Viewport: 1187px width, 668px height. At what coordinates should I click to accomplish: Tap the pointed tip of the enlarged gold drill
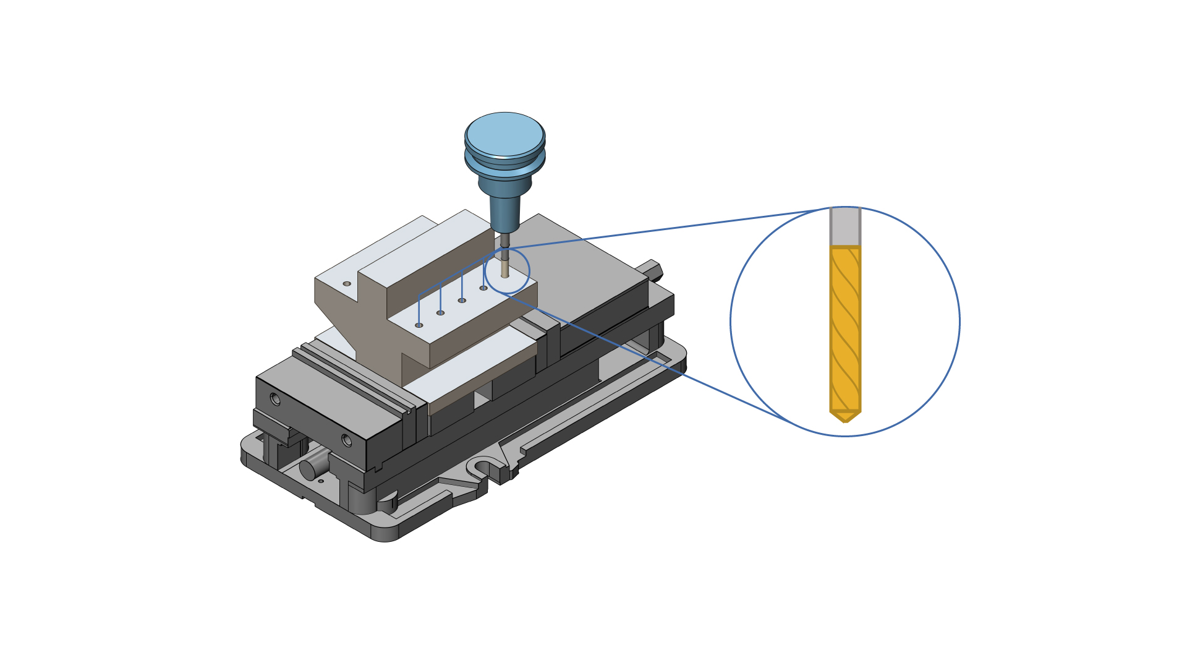click(x=845, y=418)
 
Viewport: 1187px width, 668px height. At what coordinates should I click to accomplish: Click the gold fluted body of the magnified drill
click(x=845, y=328)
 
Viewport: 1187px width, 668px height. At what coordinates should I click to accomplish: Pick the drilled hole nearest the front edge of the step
click(x=419, y=325)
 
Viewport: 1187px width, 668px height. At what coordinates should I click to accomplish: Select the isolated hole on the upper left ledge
click(x=347, y=284)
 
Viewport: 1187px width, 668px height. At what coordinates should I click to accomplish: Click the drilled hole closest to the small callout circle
click(x=483, y=288)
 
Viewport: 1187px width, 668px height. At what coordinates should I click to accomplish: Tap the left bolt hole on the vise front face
click(x=275, y=400)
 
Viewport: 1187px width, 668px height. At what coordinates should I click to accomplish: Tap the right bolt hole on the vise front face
click(x=346, y=440)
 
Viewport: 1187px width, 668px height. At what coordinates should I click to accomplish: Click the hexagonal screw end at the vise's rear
click(x=654, y=270)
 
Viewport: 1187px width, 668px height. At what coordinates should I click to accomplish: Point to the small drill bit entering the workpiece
click(x=505, y=269)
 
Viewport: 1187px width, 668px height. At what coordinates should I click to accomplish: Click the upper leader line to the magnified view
click(x=668, y=228)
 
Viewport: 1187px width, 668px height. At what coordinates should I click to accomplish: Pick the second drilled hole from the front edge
click(x=440, y=313)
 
